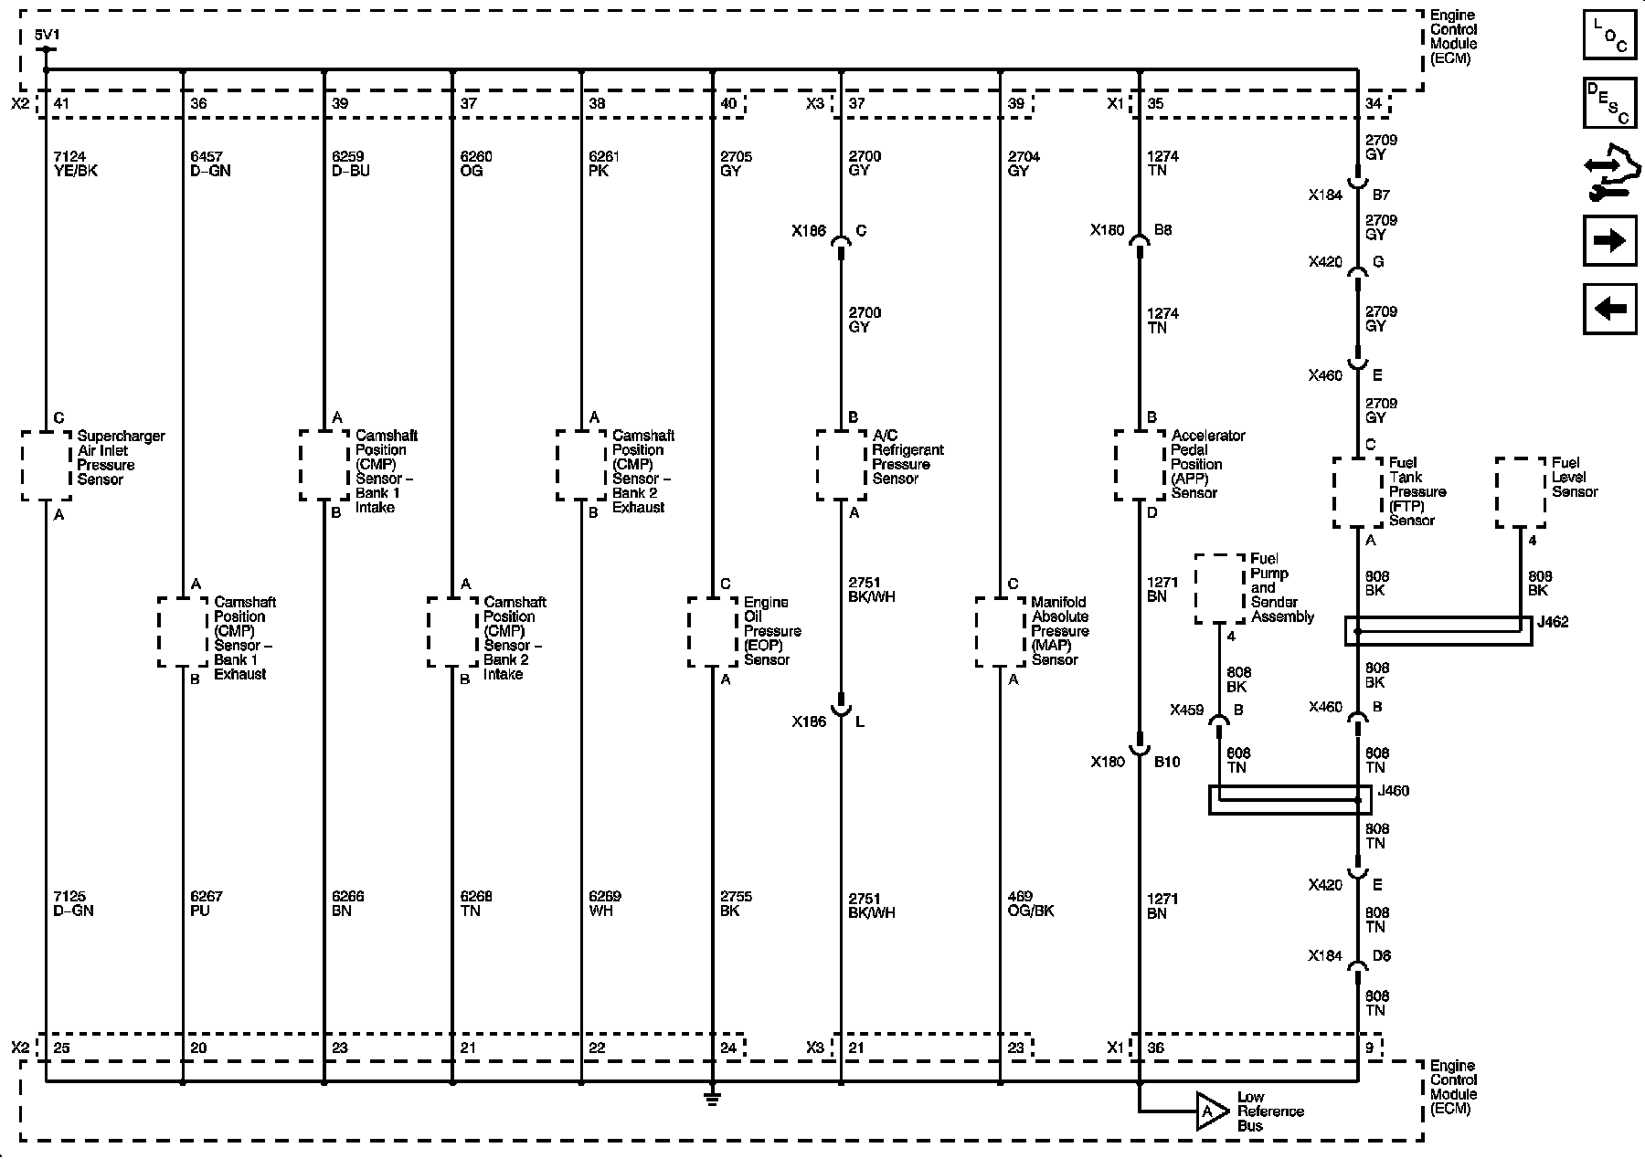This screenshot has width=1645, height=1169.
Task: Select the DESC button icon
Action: click(x=1609, y=102)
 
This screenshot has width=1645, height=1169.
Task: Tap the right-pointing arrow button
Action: click(x=1609, y=240)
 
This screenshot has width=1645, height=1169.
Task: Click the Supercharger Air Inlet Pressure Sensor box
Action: click(x=46, y=466)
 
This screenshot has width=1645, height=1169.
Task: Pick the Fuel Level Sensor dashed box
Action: click(x=1521, y=492)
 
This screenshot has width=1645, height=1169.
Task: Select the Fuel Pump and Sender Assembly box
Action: click(x=1220, y=589)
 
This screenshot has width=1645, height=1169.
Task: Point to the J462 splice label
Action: click(x=1553, y=622)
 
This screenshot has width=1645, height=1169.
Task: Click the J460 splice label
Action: click(x=1393, y=791)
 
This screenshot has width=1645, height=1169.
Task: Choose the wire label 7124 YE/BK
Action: click(x=76, y=163)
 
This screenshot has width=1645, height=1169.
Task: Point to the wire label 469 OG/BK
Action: click(x=1030, y=903)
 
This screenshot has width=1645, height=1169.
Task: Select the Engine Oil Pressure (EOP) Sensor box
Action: click(x=713, y=632)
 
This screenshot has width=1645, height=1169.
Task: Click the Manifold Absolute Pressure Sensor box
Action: click(x=1000, y=632)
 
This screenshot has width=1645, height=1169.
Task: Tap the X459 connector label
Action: click(x=1187, y=710)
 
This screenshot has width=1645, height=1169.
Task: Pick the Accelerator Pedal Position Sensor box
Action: click(x=1140, y=466)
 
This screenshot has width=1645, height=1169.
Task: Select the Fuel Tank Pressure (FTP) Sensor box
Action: click(x=1357, y=492)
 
